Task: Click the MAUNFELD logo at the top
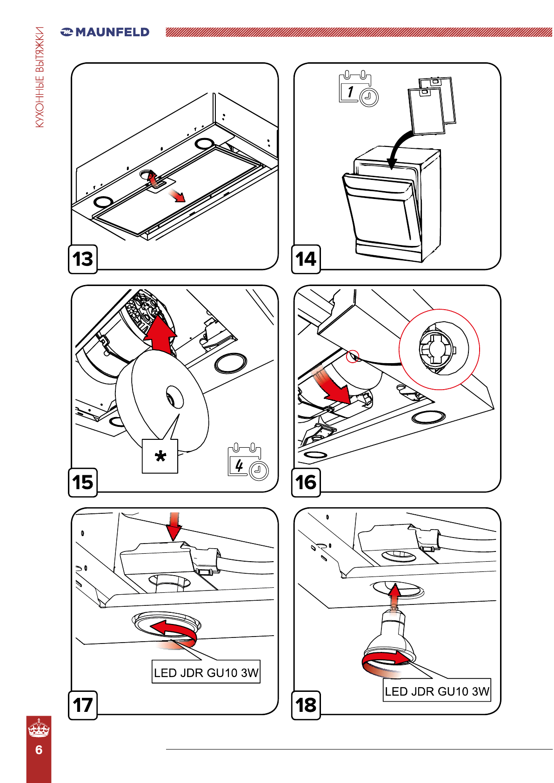105,32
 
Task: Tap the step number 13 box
83,259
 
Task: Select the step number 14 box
306,259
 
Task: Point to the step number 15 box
83,482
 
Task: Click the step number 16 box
306,482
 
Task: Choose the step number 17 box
83,705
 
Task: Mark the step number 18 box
306,705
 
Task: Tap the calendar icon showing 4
247,462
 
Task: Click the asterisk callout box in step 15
160,456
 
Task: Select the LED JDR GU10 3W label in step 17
206,672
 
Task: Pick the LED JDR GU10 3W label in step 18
437,691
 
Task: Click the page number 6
39,750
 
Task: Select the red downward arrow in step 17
174,525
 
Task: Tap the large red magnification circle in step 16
439,349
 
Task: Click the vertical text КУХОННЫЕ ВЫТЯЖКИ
40,77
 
